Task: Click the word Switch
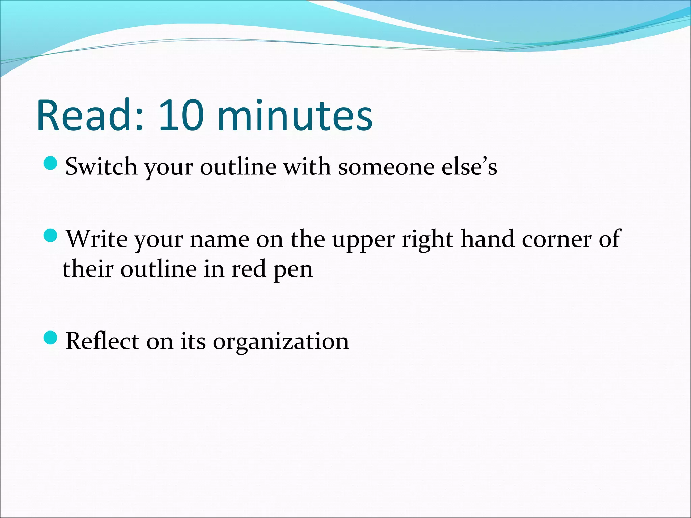101,167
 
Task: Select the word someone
386,167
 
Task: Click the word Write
97,239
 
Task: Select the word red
249,269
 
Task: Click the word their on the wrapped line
87,269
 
